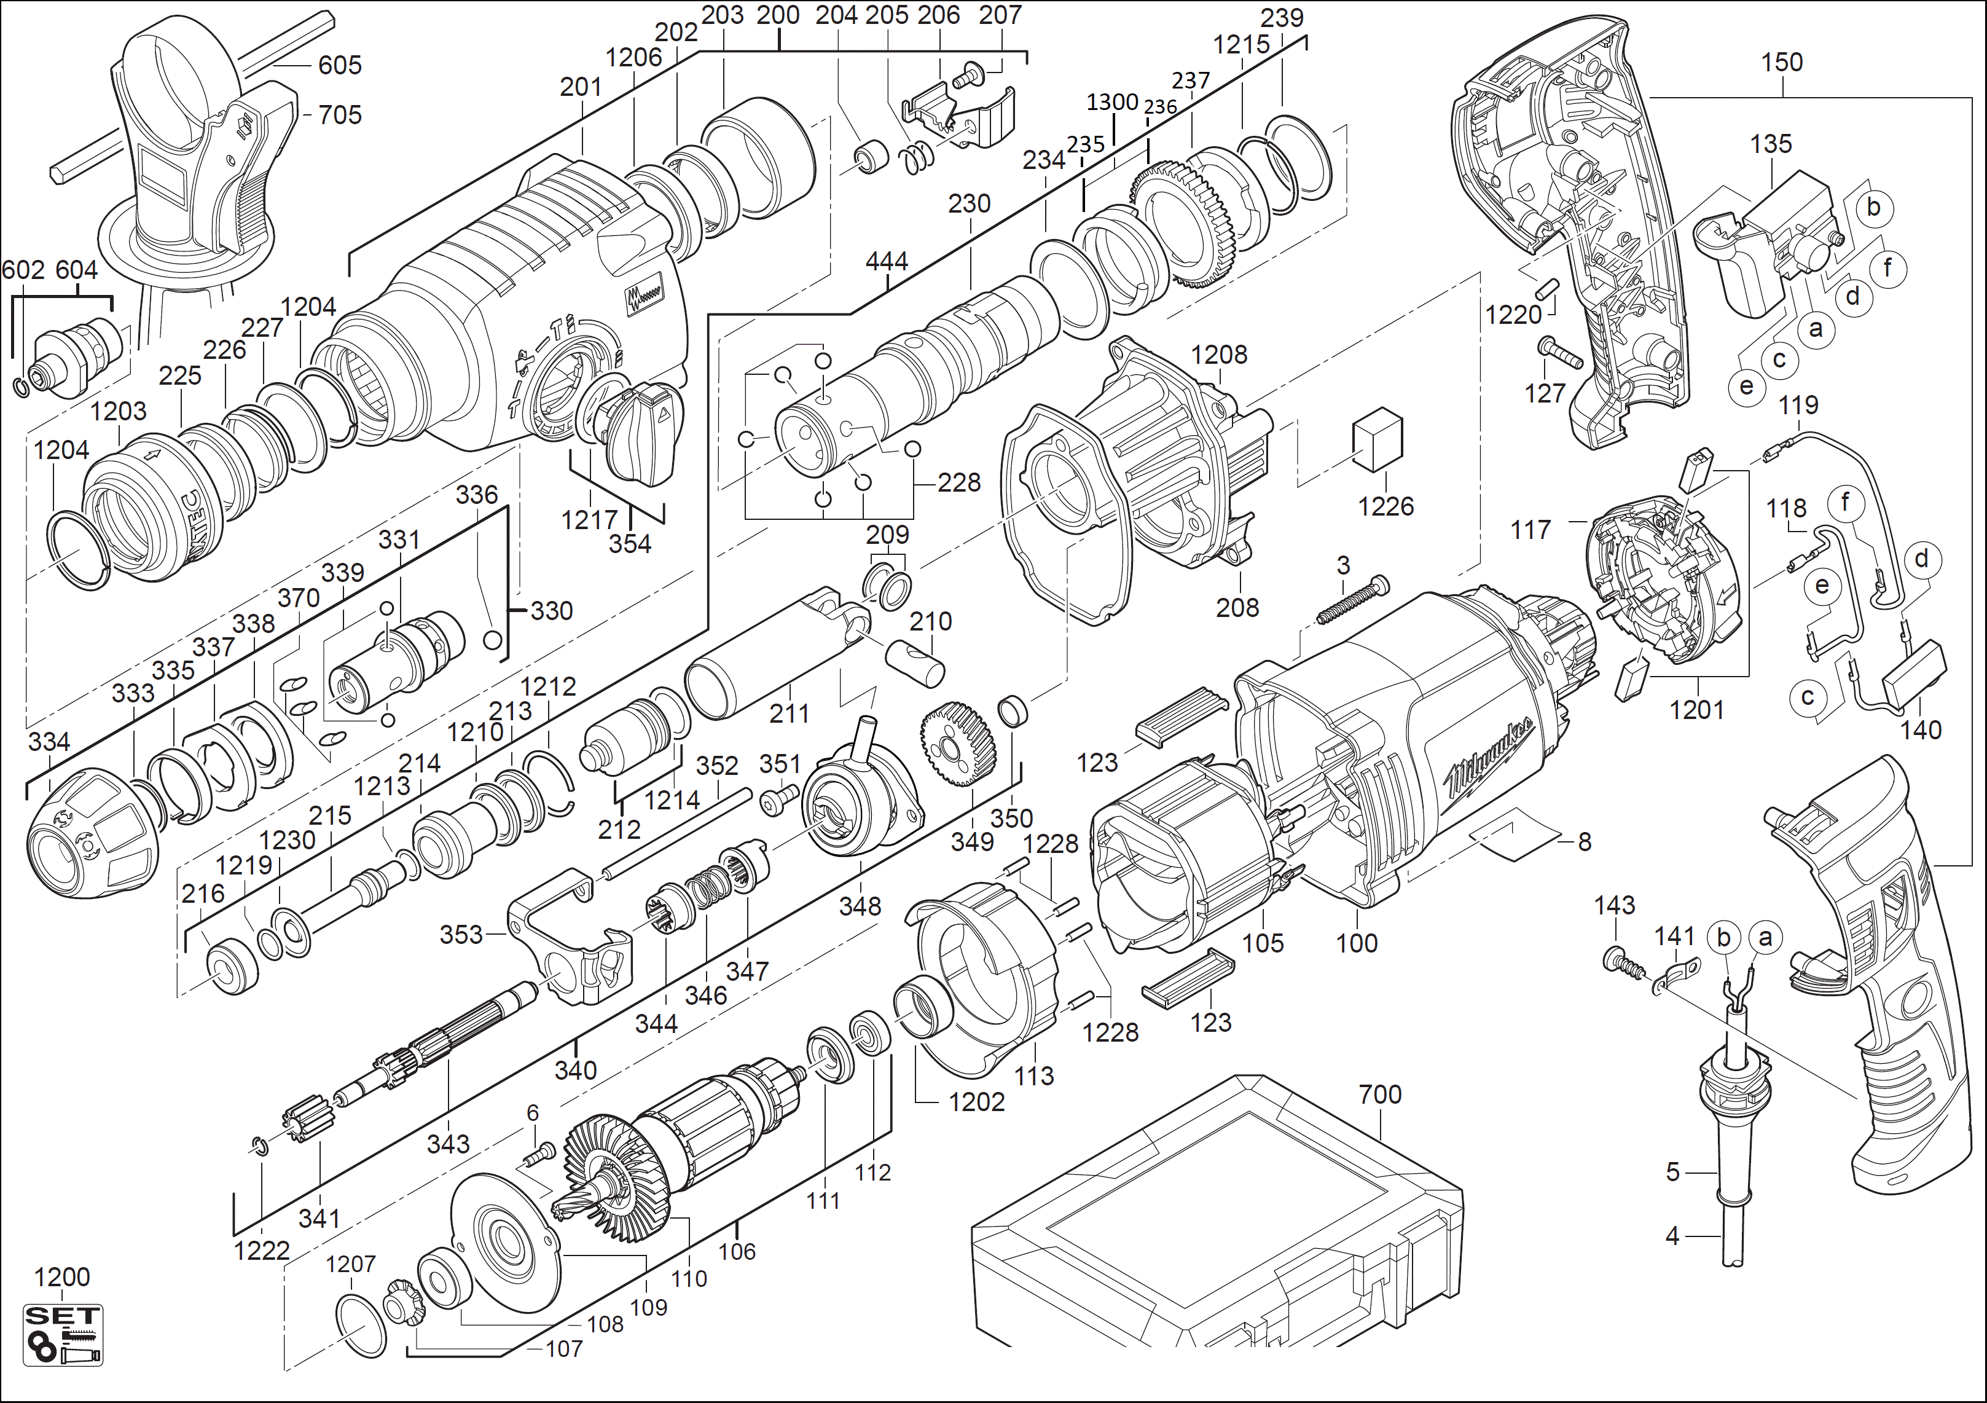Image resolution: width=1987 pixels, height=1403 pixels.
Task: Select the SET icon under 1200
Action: (62, 1335)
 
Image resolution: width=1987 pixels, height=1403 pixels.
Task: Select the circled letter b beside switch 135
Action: (1873, 207)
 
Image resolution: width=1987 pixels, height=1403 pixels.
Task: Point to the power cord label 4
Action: (1672, 1236)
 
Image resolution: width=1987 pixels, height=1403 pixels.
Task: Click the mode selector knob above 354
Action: (641, 430)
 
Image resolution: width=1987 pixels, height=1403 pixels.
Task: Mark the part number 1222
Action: (261, 1250)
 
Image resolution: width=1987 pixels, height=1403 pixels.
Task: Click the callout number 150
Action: (1782, 62)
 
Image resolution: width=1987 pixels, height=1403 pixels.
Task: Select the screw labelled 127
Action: (1561, 354)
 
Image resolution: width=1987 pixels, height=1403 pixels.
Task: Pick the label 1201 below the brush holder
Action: (1696, 710)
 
